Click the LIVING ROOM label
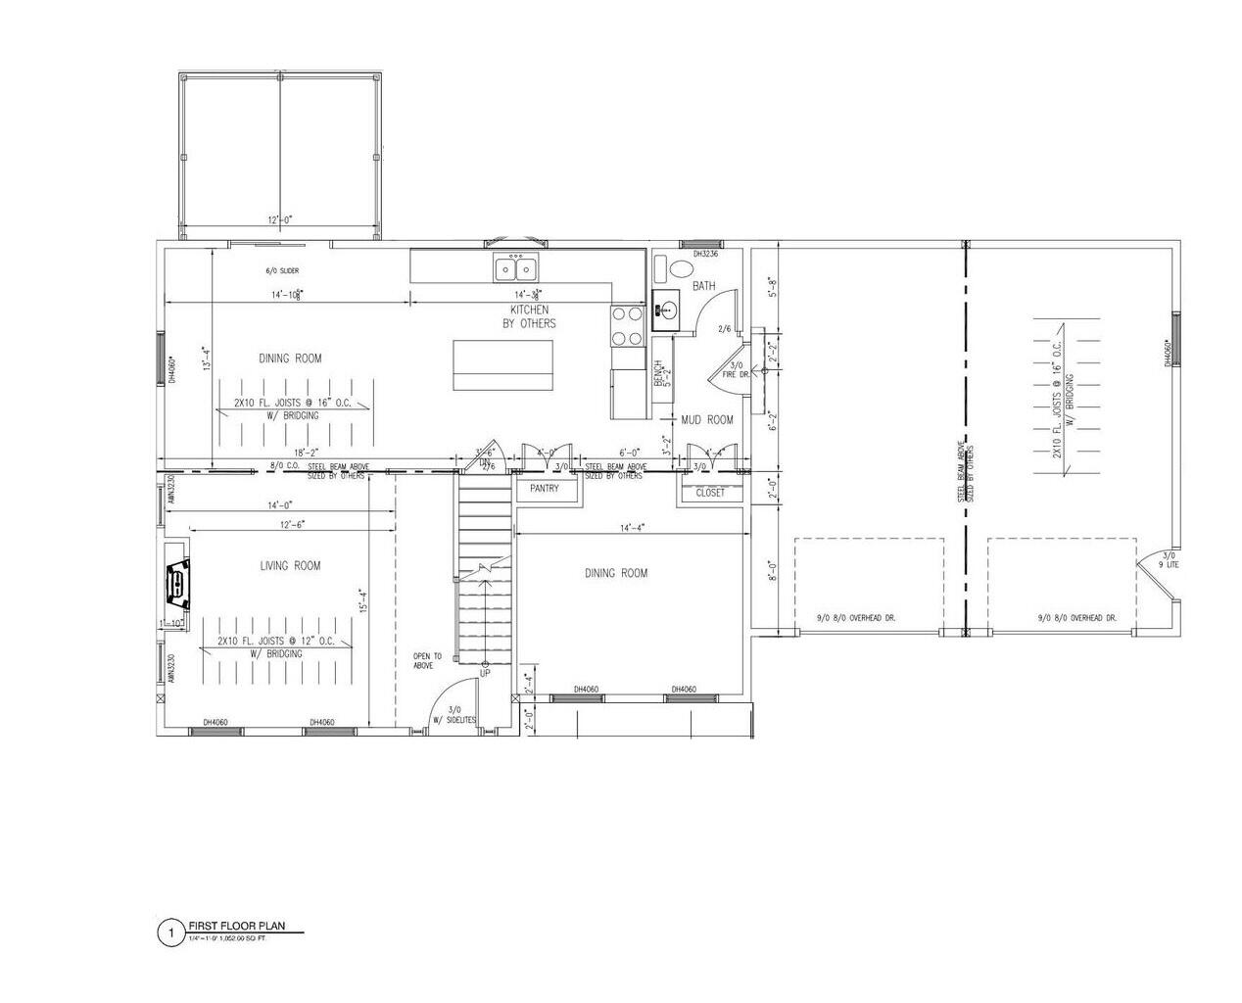290,565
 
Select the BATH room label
703,286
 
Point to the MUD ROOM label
707,419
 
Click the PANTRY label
544,488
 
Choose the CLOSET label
710,493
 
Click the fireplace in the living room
177,584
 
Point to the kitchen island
502,365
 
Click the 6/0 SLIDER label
282,270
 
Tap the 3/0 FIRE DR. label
736,369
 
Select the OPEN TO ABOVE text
428,661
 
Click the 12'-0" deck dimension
281,219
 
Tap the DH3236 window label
705,254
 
